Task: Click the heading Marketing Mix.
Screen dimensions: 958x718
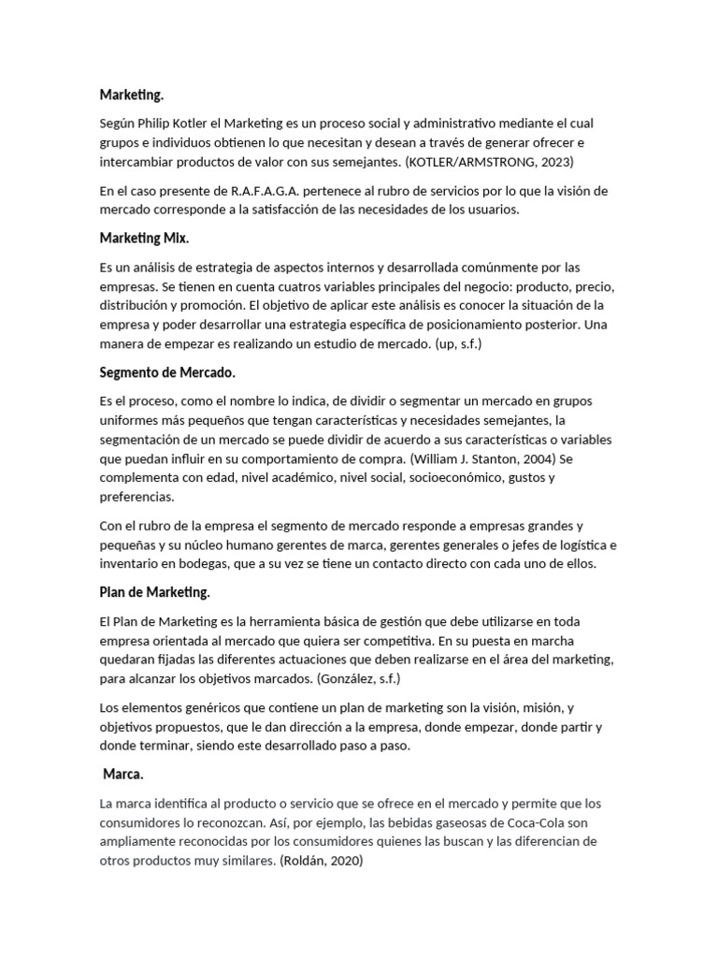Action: click(144, 239)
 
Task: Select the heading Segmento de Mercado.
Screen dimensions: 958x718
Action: click(167, 372)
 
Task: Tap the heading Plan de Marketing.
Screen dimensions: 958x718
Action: click(154, 592)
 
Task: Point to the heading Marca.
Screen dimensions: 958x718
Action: click(122, 775)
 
